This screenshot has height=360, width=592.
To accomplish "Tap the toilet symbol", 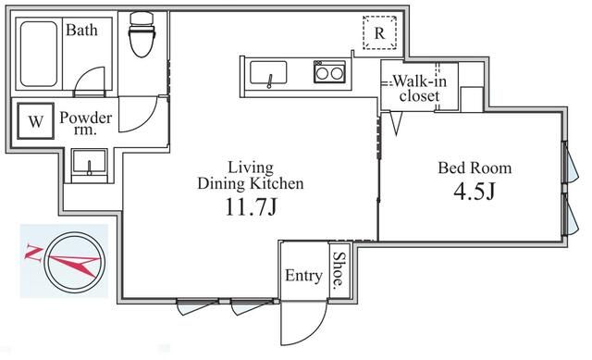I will (142, 36).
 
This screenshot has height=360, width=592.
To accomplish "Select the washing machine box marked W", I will (35, 121).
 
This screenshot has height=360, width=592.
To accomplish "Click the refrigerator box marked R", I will (379, 33).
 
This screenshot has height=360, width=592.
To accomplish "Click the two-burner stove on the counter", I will (327, 71).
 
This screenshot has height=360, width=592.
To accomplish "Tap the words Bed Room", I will (474, 168).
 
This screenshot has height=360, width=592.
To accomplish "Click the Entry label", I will (303, 276).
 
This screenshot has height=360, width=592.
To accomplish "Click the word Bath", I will (82, 30).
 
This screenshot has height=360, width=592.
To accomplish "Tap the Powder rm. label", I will (86, 124).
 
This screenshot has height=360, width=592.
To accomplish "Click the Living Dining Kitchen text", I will (251, 175).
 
